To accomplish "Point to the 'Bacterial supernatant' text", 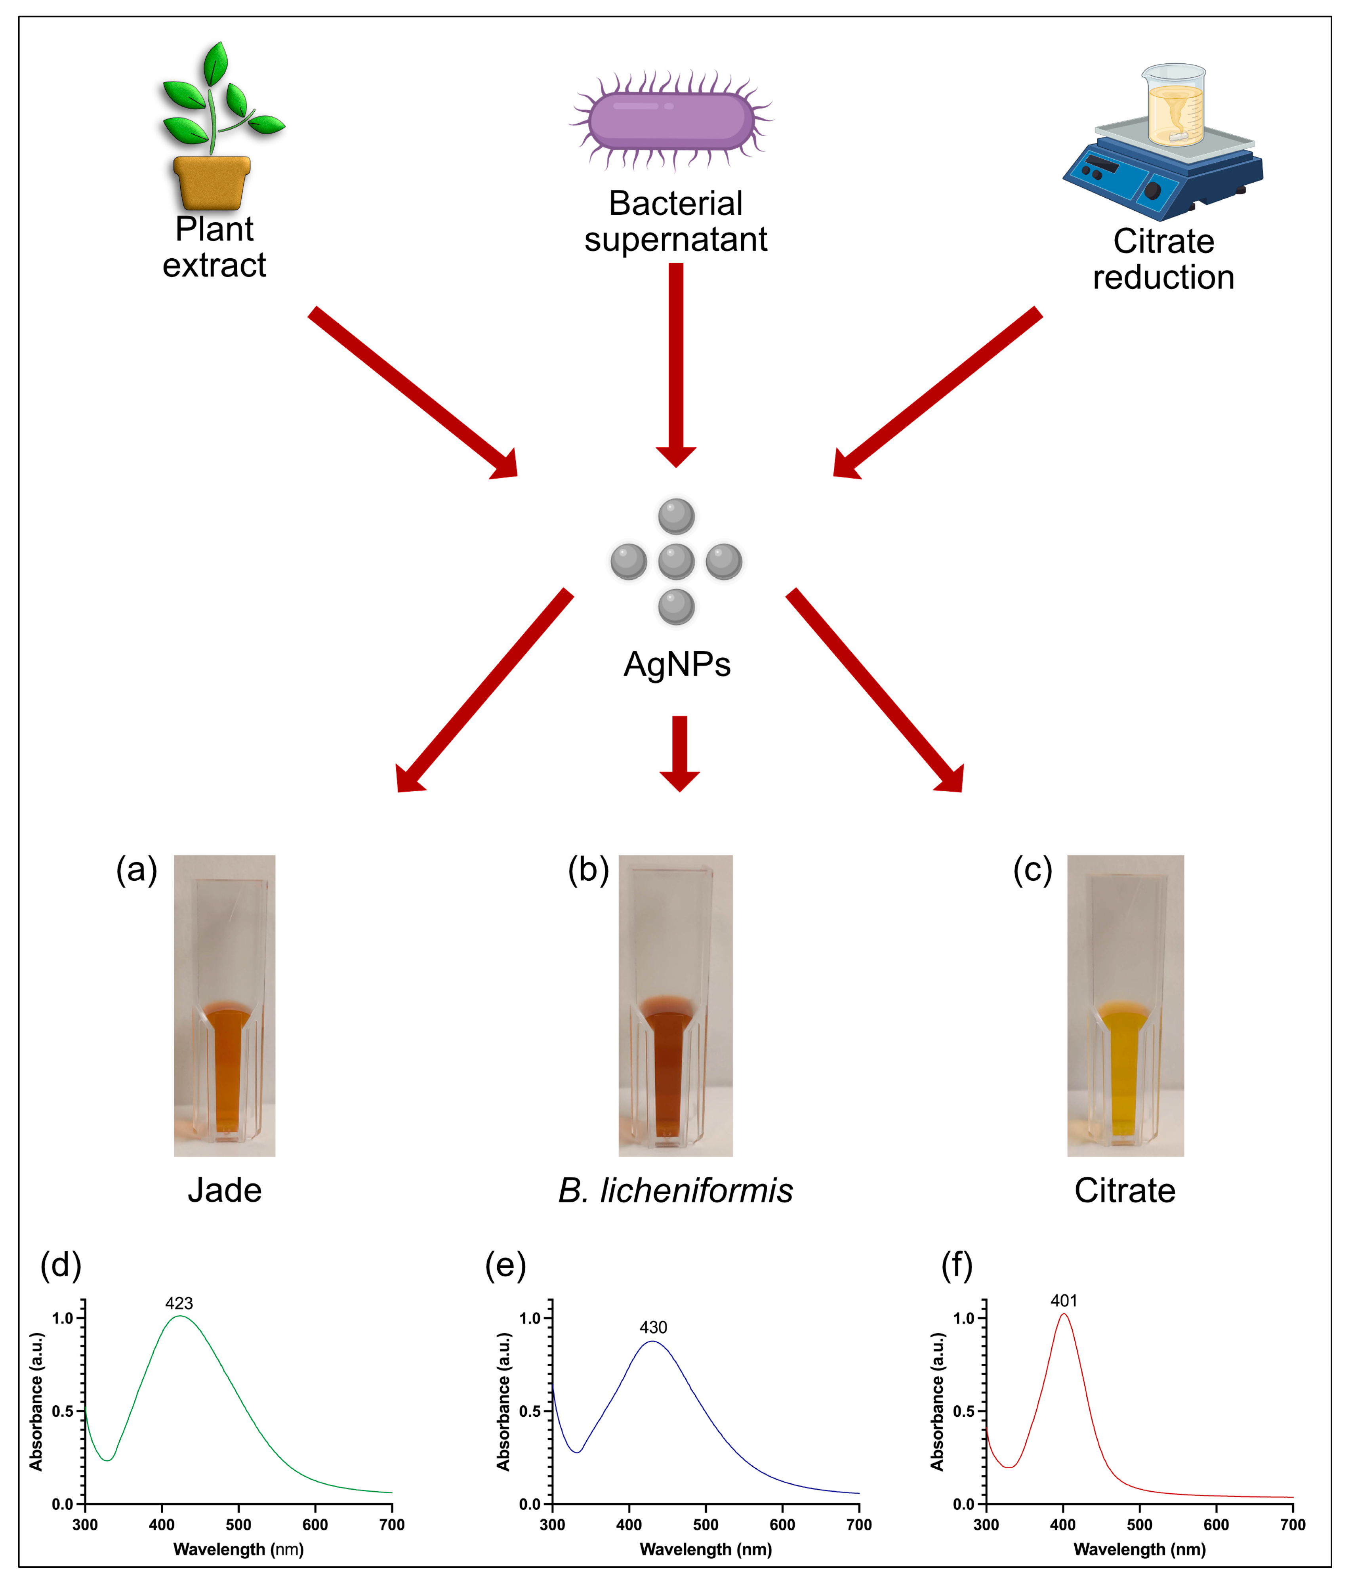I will coord(676,221).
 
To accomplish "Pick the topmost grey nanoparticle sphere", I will coord(676,516).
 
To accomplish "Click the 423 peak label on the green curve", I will coord(179,1303).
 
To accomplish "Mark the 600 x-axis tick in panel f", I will coord(1216,1525).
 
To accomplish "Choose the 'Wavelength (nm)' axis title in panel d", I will coord(238,1549).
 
